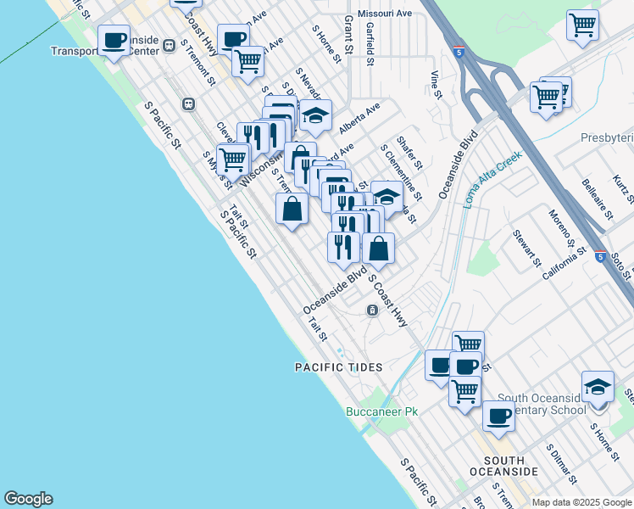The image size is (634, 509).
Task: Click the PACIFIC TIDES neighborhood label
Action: point(339,367)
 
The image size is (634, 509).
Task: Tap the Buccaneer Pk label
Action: point(382,412)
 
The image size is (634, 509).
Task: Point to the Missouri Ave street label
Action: point(384,14)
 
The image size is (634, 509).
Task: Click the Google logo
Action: point(28,499)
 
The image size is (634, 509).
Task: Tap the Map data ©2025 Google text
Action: point(581,502)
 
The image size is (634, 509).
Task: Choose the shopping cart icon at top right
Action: point(582,25)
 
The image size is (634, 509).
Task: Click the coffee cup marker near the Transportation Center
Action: point(114,39)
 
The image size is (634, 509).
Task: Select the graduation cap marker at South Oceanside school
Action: point(598,387)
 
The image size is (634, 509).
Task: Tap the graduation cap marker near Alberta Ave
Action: point(315,115)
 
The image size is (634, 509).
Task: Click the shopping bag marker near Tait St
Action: point(292,208)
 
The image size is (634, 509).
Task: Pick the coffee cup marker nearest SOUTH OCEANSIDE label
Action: point(498,416)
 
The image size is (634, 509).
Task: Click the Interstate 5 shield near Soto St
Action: point(600,255)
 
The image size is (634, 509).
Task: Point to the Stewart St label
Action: point(526,245)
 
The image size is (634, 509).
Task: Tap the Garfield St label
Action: point(370,44)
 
